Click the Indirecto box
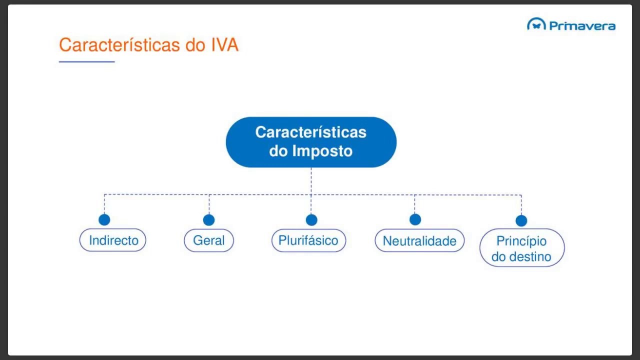pyautogui.click(x=113, y=240)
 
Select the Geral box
pyautogui.click(x=209, y=240)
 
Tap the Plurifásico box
pyautogui.click(x=308, y=240)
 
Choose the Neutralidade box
pyautogui.click(x=419, y=241)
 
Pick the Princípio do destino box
pyautogui.click(x=522, y=248)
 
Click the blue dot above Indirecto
pyautogui.click(x=104, y=219)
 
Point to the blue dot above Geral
pyautogui.click(x=209, y=220)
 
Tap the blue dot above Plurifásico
pyautogui.click(x=311, y=220)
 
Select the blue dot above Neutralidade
pyautogui.click(x=415, y=219)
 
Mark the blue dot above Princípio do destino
pyautogui.click(x=521, y=220)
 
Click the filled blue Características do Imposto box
pyautogui.click(x=311, y=142)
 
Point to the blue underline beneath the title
pyautogui.click(x=86, y=61)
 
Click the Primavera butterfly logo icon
pyautogui.click(x=536, y=24)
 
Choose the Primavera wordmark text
pyautogui.click(x=582, y=25)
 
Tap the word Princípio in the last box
pyautogui.click(x=521, y=241)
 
